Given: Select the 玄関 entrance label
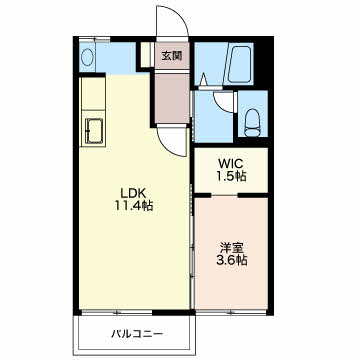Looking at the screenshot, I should (172, 56).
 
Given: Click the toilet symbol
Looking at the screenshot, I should (252, 120).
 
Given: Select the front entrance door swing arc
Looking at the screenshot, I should (170, 25).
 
